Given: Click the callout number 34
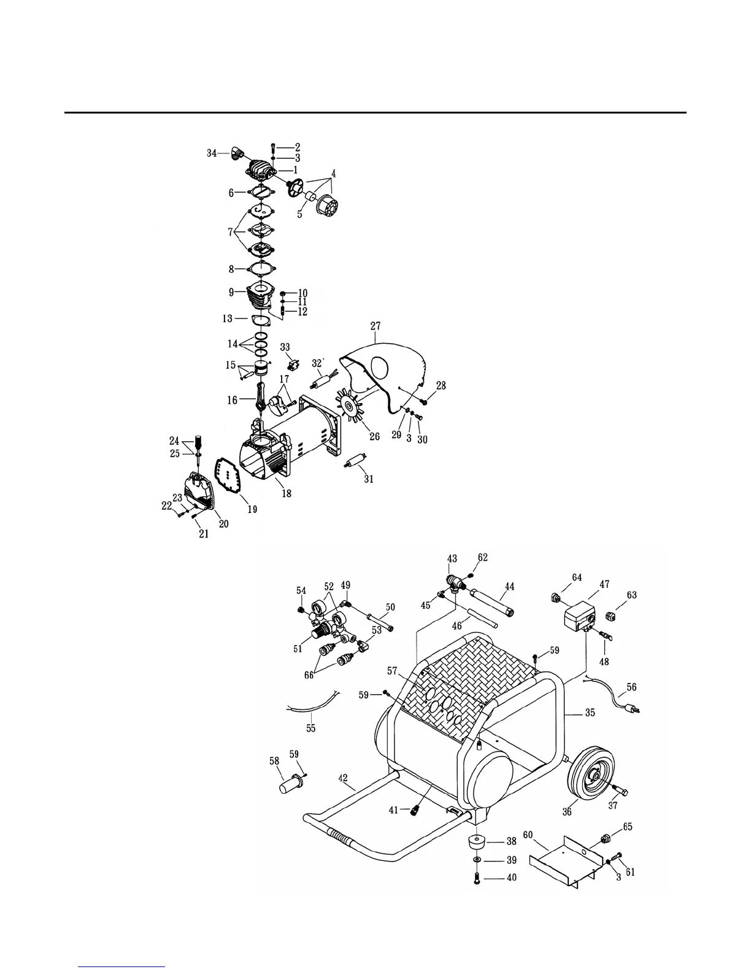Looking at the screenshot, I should coord(211,153).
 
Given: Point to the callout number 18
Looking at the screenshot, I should coord(287,493).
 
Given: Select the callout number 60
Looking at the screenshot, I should coord(528,835).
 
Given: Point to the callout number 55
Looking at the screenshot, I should coord(311,728).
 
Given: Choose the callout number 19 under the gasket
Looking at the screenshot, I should coord(252,509).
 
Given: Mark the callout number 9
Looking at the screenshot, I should coord(231,292).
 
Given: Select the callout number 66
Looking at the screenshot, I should coord(309,674).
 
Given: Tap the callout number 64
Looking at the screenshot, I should coord(577,577).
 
